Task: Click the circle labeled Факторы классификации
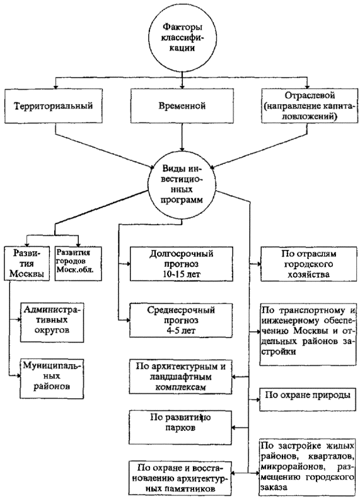pyautogui.click(x=182, y=38)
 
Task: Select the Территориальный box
pyautogui.click(x=54, y=106)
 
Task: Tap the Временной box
pyautogui.click(x=182, y=106)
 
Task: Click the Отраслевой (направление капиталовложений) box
pyautogui.click(x=309, y=106)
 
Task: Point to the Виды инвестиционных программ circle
pyautogui.click(x=182, y=186)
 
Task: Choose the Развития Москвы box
pyautogui.click(x=27, y=264)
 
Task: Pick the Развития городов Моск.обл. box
pyautogui.click(x=78, y=264)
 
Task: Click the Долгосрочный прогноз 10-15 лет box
pyautogui.click(x=182, y=264)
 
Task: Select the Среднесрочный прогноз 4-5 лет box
pyautogui.click(x=182, y=320)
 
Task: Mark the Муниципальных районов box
pyautogui.click(x=52, y=379)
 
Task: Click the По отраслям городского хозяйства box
pyautogui.click(x=309, y=264)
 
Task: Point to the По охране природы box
pyautogui.click(x=308, y=399)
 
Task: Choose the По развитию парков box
pyautogui.click(x=180, y=427)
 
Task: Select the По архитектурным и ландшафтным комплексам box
pyautogui.click(x=180, y=377)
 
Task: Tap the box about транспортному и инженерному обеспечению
pyautogui.click(x=308, y=334)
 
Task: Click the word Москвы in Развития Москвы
pyautogui.click(x=26, y=273)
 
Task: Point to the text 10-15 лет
pyautogui.click(x=182, y=274)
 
